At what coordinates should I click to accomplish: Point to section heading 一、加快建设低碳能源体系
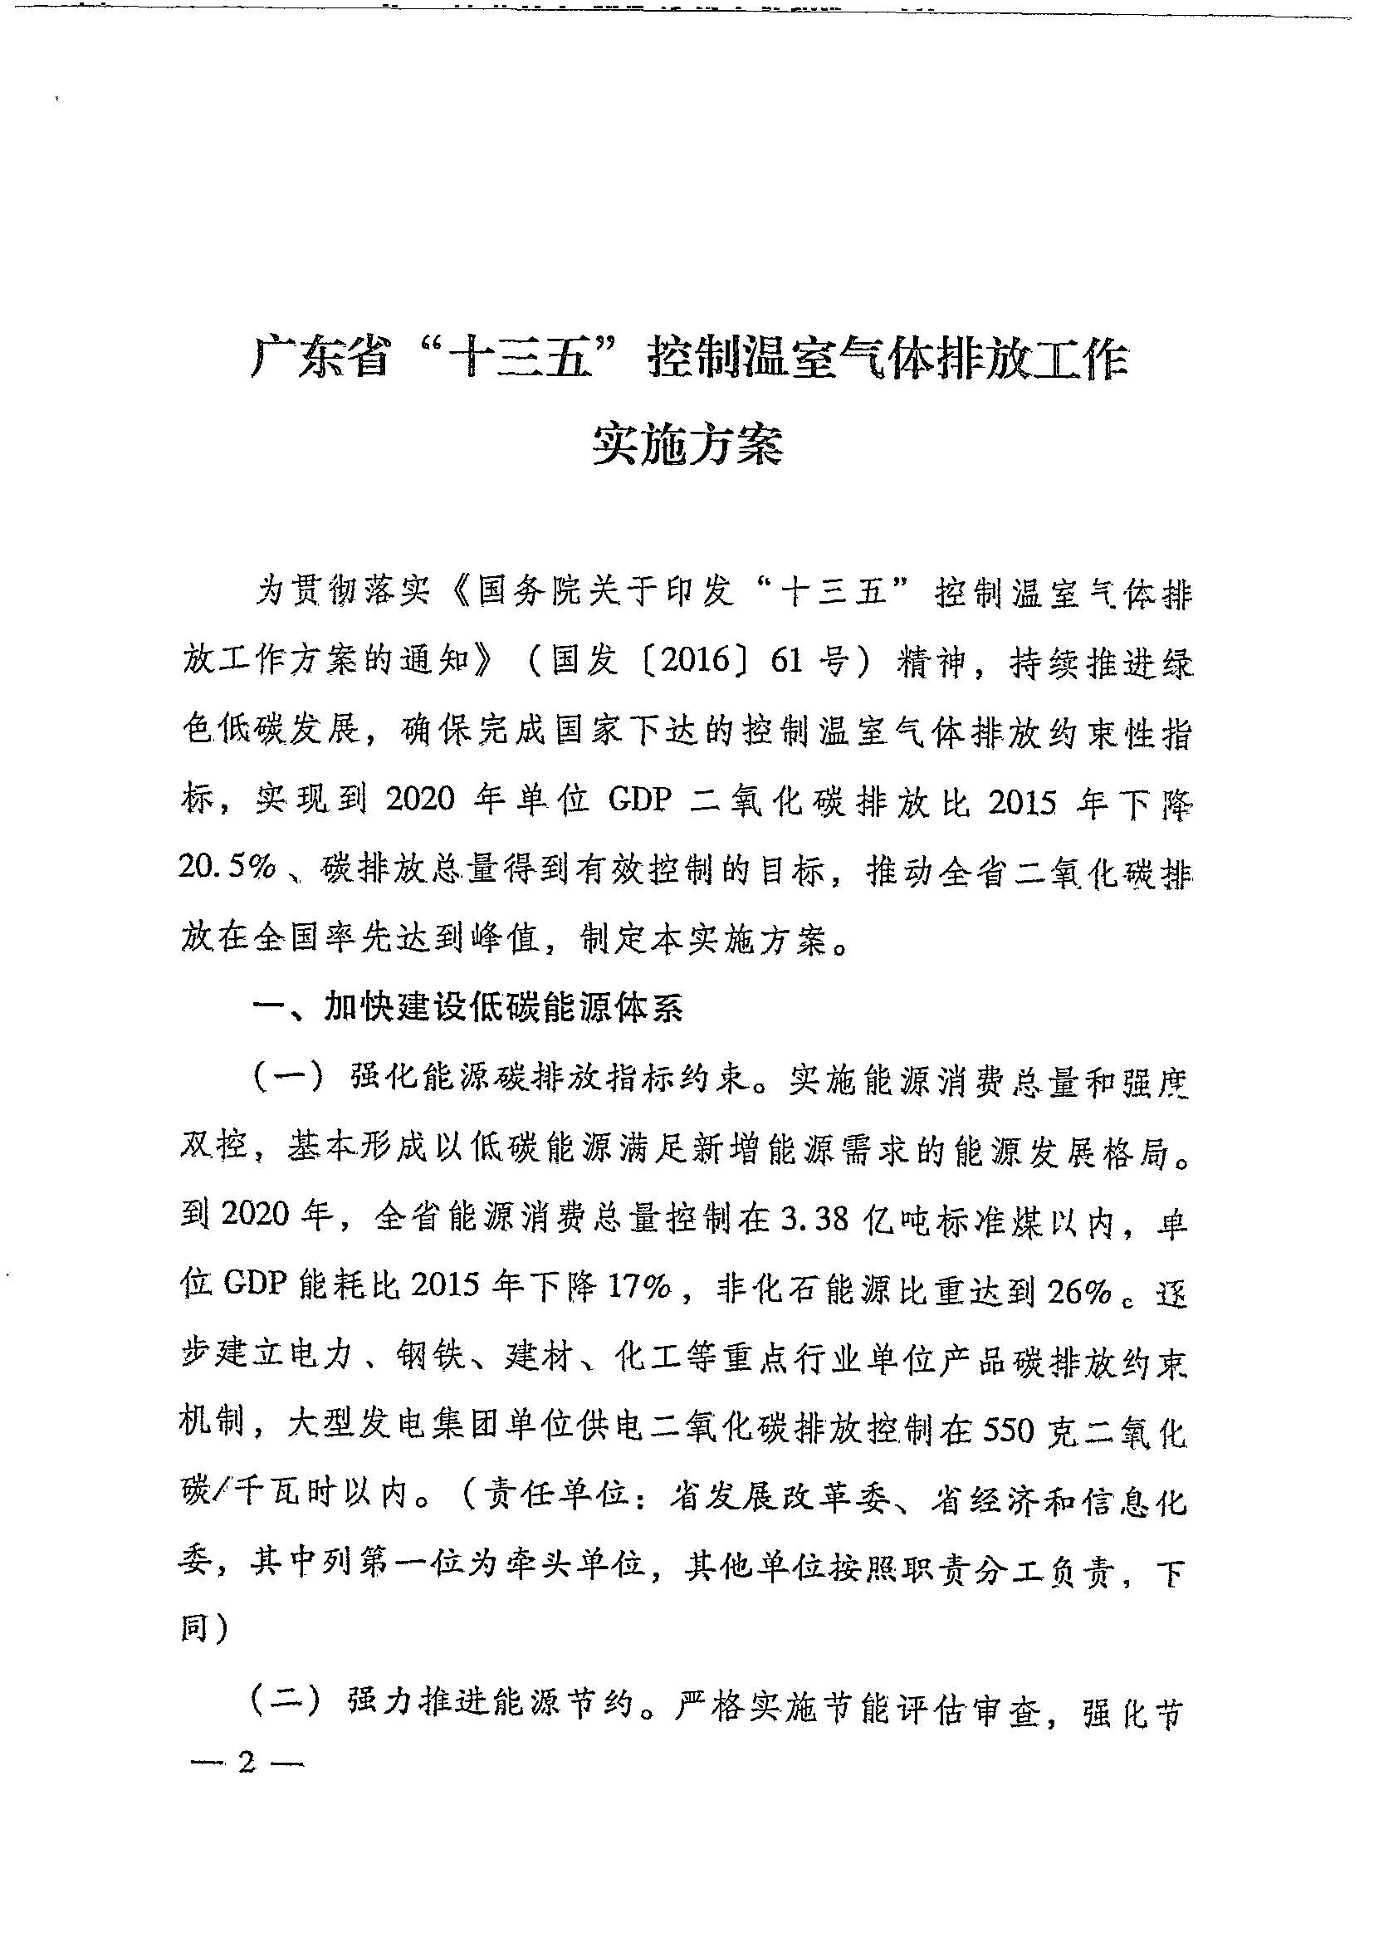click(x=470, y=1009)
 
